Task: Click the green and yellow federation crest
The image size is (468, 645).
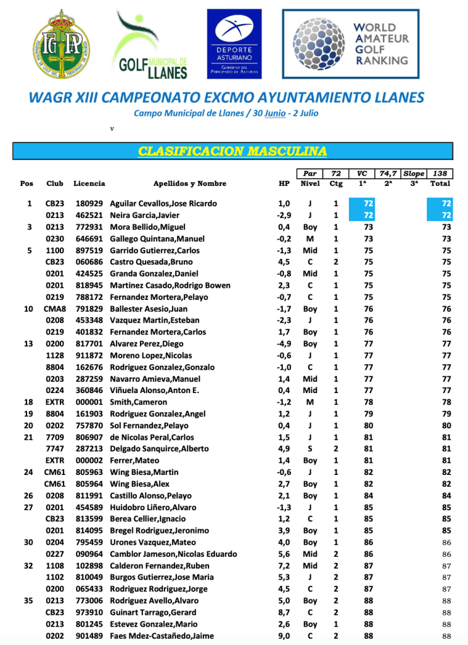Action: pyautogui.click(x=62, y=43)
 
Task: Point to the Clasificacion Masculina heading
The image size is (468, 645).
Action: pyautogui.click(x=232, y=151)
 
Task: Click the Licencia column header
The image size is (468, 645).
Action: pyautogui.click(x=89, y=184)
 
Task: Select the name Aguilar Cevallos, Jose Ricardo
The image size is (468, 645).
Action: pyautogui.click(x=163, y=203)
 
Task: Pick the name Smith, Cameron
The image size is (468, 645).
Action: pyautogui.click(x=139, y=402)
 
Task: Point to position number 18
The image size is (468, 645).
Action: pyautogui.click(x=26, y=402)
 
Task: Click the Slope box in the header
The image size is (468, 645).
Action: pyautogui.click(x=413, y=173)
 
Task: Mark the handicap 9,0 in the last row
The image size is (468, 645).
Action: pyautogui.click(x=285, y=636)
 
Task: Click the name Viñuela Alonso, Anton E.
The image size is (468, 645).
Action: pyautogui.click(x=154, y=391)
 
